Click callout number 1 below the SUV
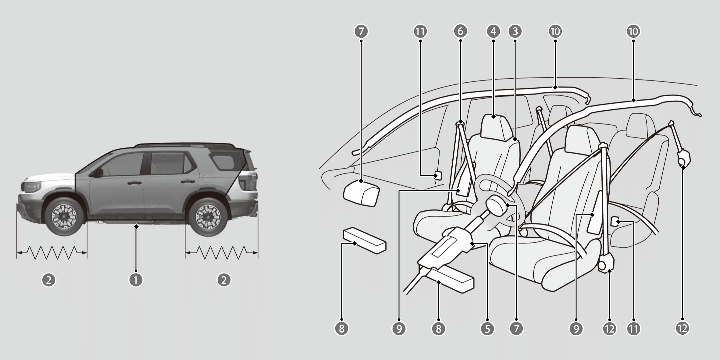click(136, 280)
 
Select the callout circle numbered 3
click(515, 31)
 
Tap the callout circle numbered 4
click(494, 31)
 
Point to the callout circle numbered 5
click(487, 328)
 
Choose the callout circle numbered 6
click(460, 31)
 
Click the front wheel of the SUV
click(64, 217)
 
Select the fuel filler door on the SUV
click(208, 179)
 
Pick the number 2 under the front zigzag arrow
click(49, 280)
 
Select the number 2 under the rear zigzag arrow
click(224, 280)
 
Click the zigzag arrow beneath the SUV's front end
click(52, 252)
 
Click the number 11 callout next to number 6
click(420, 31)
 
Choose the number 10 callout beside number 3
click(555, 31)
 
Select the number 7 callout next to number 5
click(516, 328)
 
